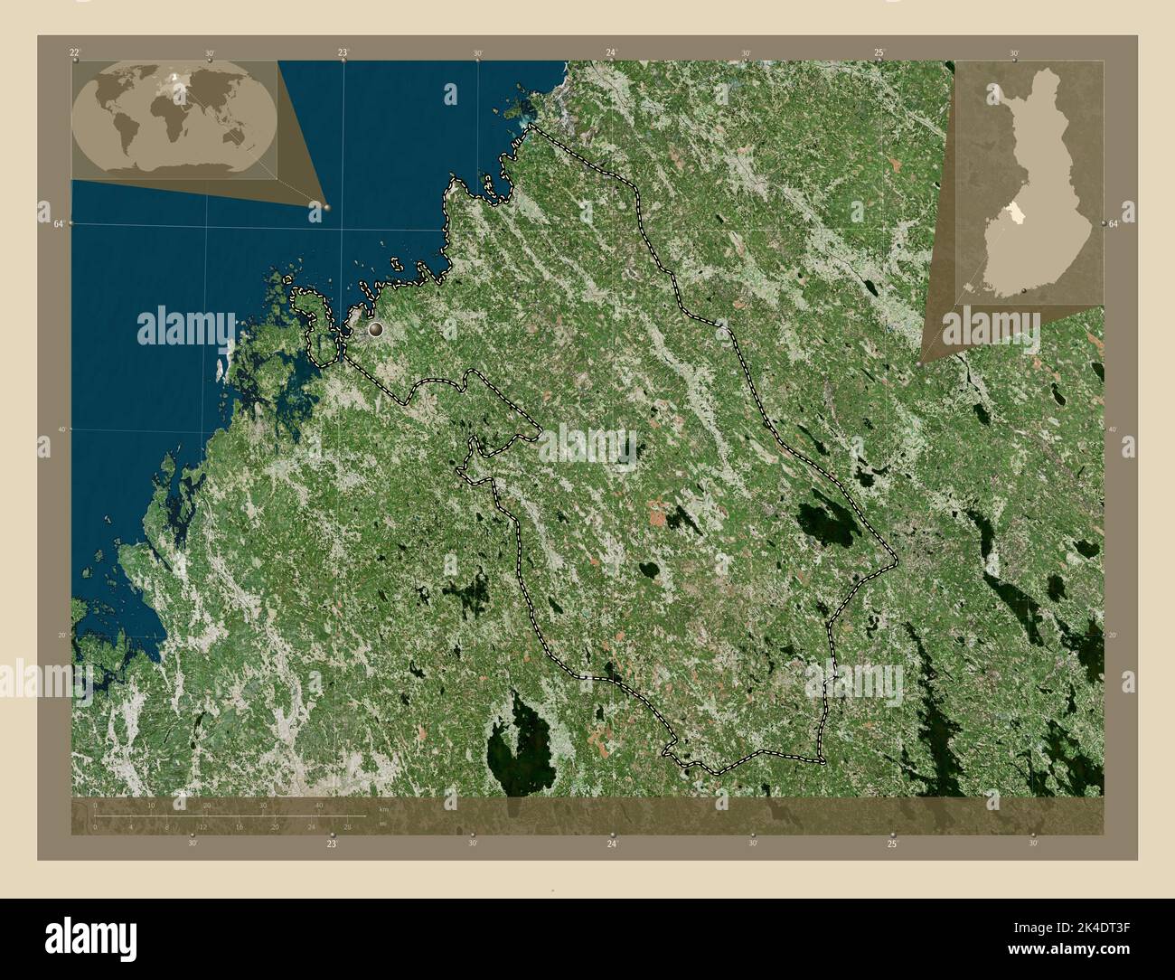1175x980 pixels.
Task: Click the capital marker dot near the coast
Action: (x=376, y=330)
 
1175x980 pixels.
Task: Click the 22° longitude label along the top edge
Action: (x=74, y=53)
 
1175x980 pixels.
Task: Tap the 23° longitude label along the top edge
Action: (x=343, y=53)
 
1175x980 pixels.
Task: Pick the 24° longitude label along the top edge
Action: (x=612, y=53)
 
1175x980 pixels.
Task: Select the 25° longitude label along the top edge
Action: (x=879, y=53)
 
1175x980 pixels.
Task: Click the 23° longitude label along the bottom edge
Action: (x=332, y=843)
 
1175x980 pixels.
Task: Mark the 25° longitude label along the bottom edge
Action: (x=892, y=843)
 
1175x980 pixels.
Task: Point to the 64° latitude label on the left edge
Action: (x=57, y=223)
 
